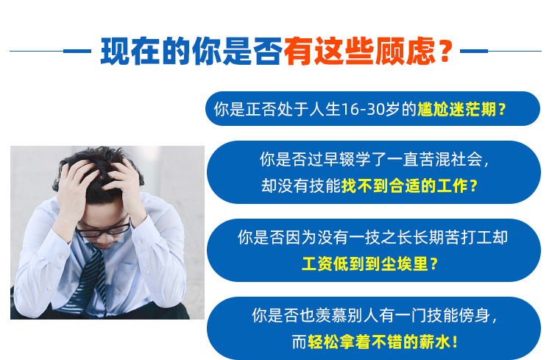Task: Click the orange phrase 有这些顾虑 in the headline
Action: point(359,52)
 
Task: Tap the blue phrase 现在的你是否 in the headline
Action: point(191,52)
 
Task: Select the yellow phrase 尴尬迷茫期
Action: point(456,109)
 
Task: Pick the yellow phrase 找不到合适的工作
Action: point(405,186)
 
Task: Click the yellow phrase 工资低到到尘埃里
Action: point(365,264)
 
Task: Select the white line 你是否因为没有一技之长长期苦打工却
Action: point(373,237)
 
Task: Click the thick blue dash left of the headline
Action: point(77,51)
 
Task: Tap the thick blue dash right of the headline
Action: point(474,51)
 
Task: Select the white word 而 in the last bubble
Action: point(300,342)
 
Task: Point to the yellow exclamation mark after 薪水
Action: point(455,342)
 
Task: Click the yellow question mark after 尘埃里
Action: point(434,264)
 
